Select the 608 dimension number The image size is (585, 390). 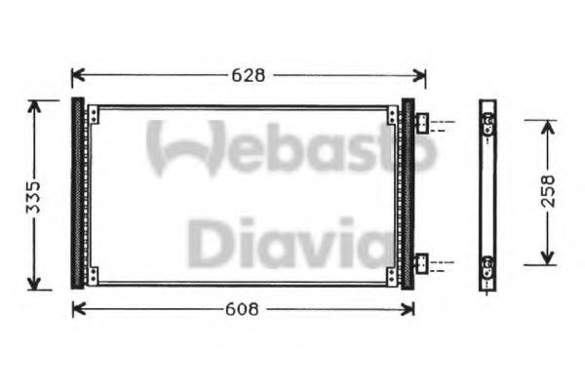[241, 309]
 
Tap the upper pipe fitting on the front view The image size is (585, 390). [423, 124]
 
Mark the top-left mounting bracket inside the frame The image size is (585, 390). [93, 116]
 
